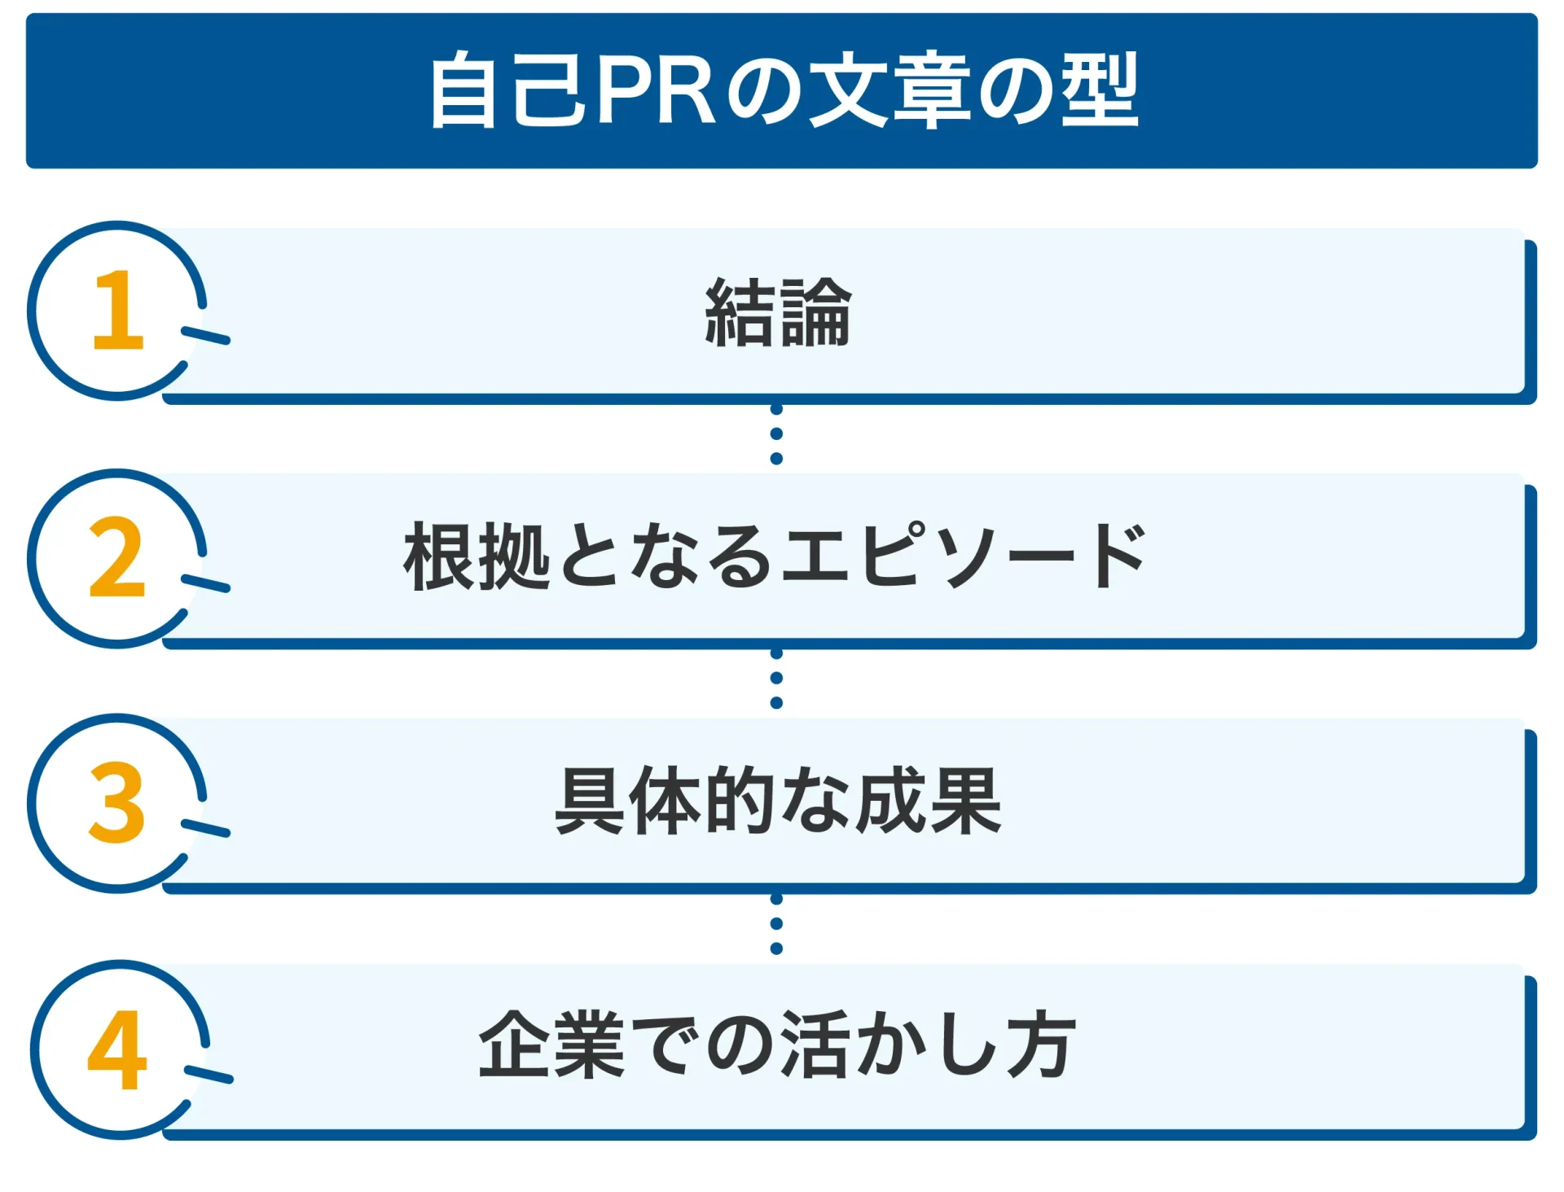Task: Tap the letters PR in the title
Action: (x=655, y=90)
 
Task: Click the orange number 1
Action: (x=118, y=310)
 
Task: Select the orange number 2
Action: (x=117, y=558)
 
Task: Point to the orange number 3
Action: (x=117, y=803)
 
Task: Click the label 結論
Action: (x=778, y=313)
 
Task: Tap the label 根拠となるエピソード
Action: (x=775, y=556)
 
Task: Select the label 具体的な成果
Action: (x=778, y=802)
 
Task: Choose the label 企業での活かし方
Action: (x=778, y=1045)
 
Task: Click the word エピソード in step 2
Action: (x=964, y=556)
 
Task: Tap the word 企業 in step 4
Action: (x=551, y=1045)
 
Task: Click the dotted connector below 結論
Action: (x=776, y=434)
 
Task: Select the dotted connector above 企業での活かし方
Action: (x=776, y=924)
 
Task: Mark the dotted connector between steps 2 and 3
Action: (x=776, y=679)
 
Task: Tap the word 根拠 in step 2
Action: (x=477, y=556)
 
